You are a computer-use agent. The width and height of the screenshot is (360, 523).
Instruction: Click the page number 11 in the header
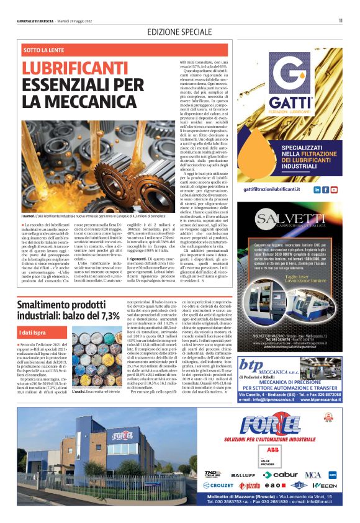tap(340, 20)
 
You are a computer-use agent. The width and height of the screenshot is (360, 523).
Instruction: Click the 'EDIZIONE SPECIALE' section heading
tap(179, 32)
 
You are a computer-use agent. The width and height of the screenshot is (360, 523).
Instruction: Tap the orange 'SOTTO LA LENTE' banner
tap(44, 48)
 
